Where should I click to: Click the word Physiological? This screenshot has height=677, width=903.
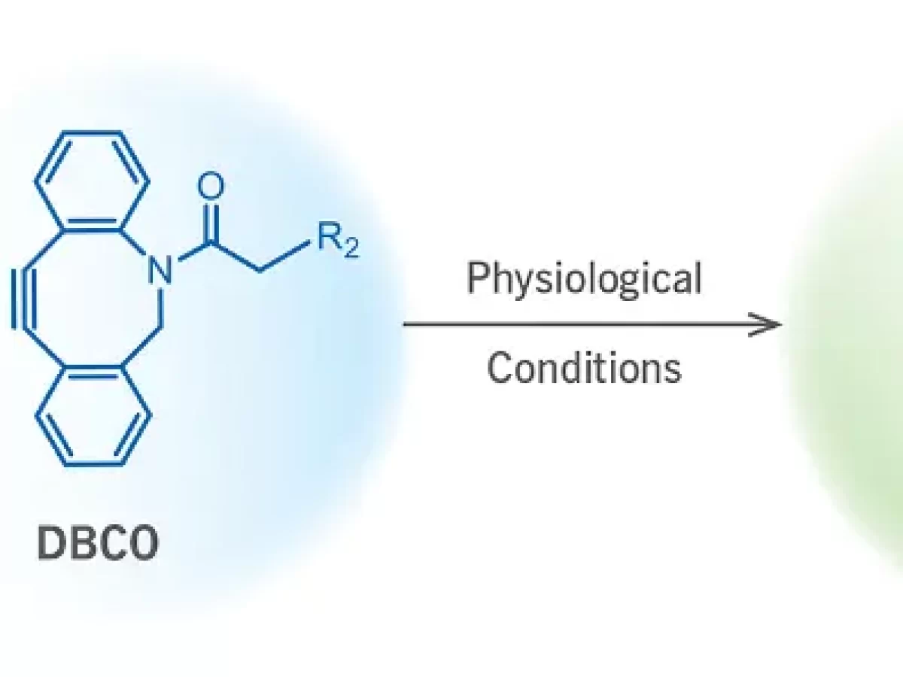coord(584,279)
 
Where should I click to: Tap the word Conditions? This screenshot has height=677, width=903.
coord(584,369)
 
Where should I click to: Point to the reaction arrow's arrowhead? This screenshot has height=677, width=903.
coord(771,325)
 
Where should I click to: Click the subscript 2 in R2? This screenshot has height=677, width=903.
coord(351,250)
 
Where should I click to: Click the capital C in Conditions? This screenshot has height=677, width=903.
coord(500,369)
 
